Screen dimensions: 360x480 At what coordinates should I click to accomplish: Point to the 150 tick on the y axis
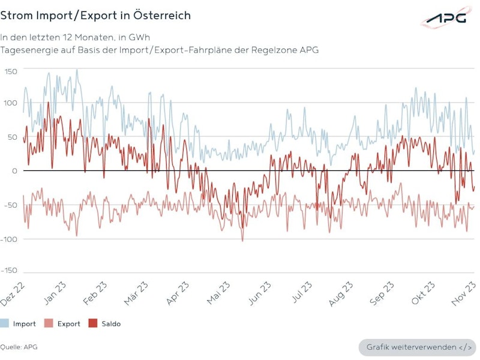tap(11, 71)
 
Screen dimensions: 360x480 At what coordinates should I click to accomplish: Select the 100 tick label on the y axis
tap(11, 103)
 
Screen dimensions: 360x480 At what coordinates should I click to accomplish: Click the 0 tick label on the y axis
tap(15, 171)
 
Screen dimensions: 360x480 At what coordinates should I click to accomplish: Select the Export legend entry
tap(64, 324)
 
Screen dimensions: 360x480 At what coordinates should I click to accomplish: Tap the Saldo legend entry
tap(104, 324)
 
